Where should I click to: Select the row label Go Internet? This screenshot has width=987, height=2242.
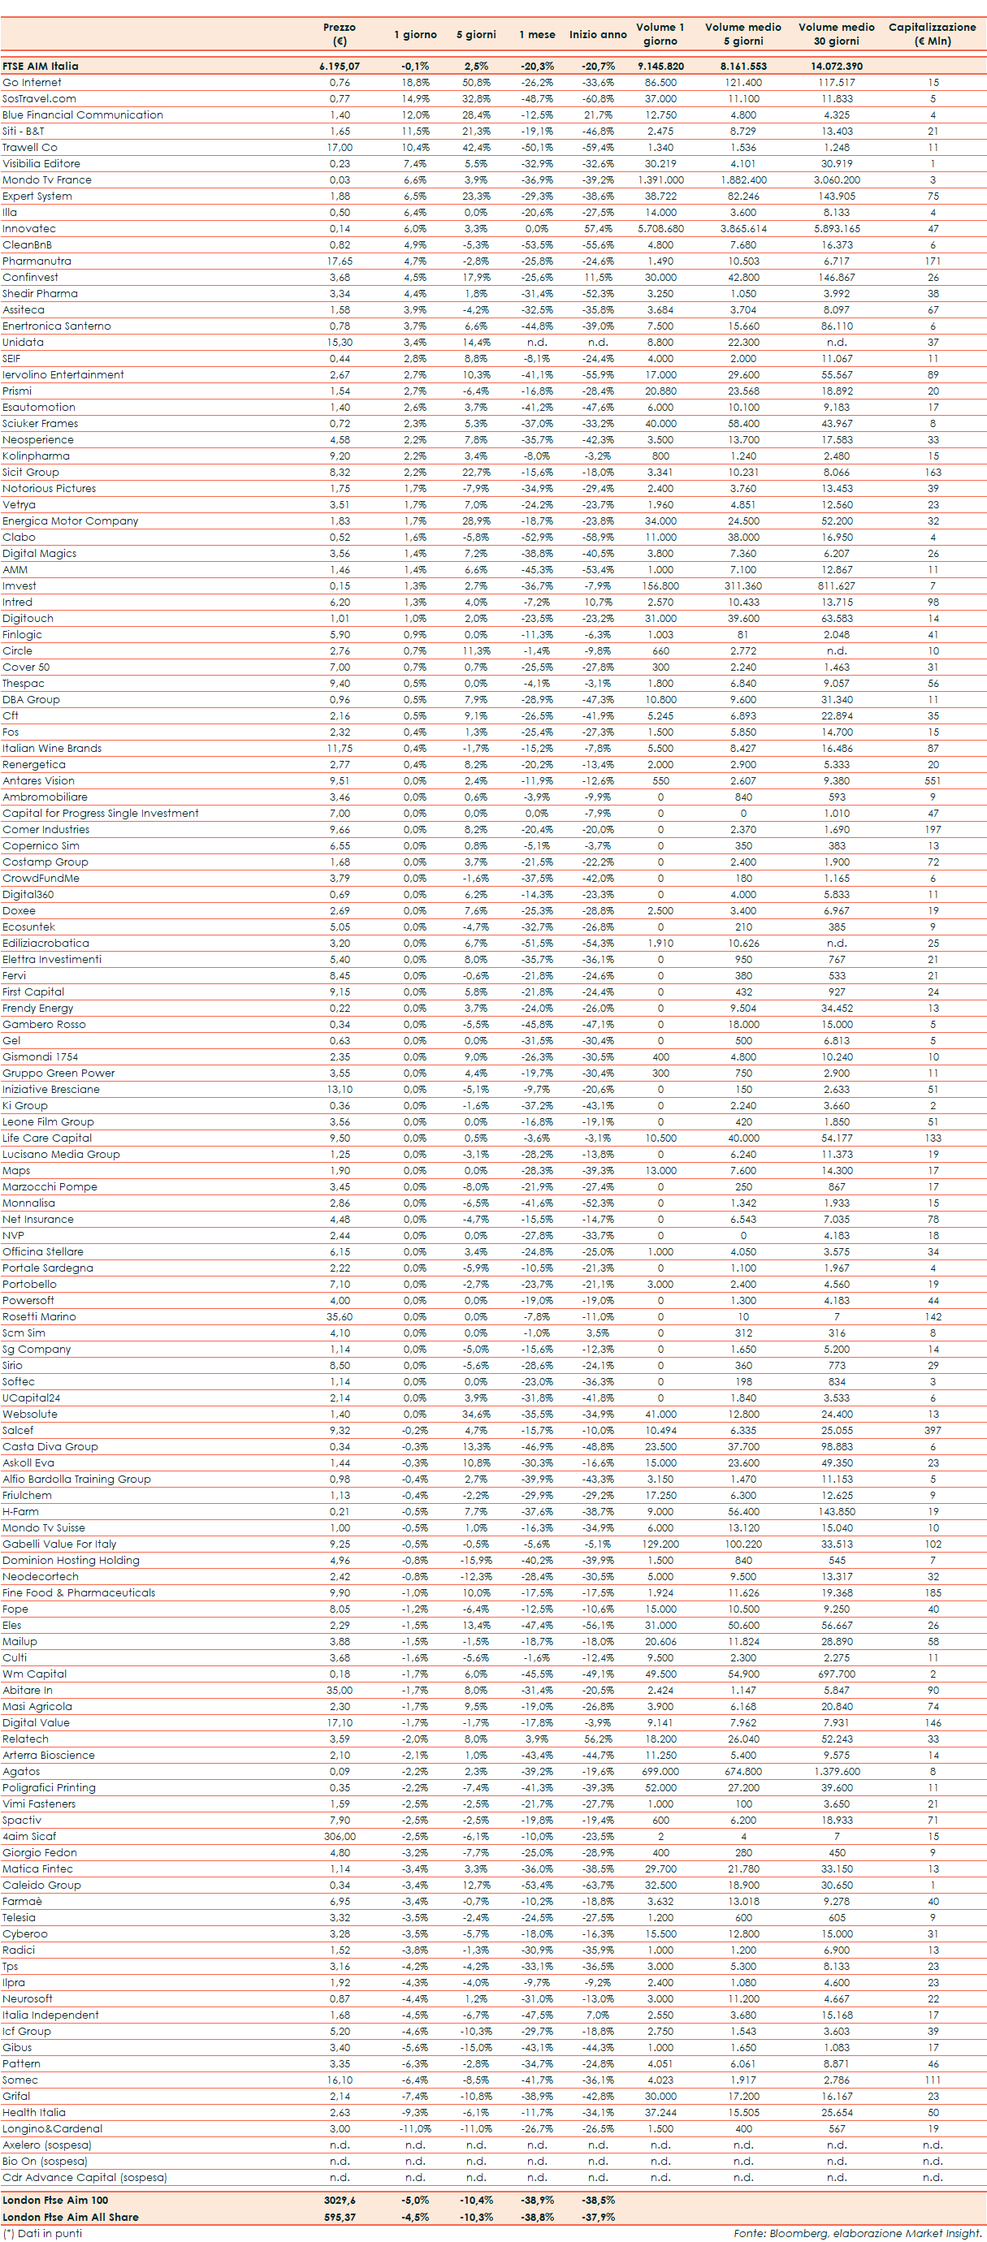coord(32,83)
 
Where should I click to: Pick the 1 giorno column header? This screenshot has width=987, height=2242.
coord(415,35)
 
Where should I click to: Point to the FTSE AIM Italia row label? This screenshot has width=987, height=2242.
coord(40,66)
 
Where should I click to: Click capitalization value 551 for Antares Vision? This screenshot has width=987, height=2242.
coord(933,781)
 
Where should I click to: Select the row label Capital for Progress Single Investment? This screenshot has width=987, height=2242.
coord(100,814)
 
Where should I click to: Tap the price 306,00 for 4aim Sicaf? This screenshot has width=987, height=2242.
coord(340,1837)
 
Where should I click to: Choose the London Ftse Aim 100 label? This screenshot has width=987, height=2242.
coord(55,2201)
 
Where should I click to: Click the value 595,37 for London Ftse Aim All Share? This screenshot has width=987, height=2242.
coord(340,2217)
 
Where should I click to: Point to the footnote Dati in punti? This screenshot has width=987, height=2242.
coord(44,2233)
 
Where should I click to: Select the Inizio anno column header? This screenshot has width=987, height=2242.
coord(598,35)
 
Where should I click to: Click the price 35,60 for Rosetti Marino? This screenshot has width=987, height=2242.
coord(340,1317)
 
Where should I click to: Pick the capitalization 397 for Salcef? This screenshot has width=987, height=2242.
coord(933,1431)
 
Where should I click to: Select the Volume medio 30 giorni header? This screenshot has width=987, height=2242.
coord(837,34)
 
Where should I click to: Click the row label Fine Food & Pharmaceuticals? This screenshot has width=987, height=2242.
coord(78,1592)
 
